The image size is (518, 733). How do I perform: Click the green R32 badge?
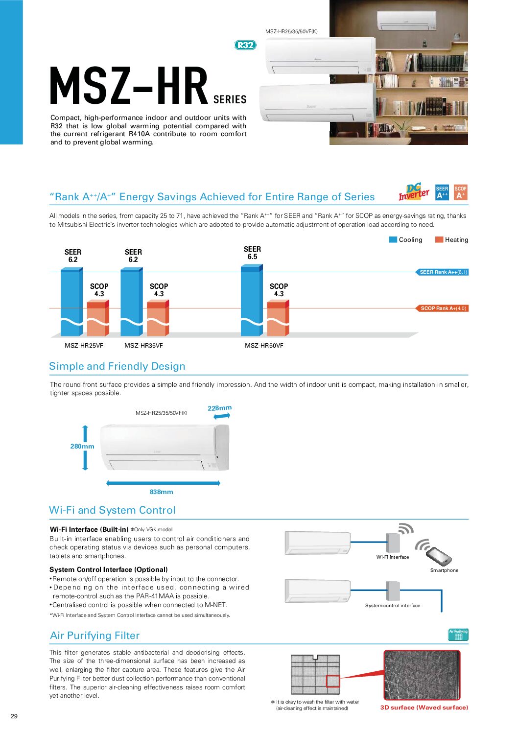tap(245, 45)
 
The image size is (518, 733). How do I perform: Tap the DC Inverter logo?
tap(414, 192)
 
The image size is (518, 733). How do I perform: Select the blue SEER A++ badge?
tap(442, 192)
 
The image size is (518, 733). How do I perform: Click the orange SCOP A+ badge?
tap(460, 192)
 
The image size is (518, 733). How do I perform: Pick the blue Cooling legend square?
tap(393, 239)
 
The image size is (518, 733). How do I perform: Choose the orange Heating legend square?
tap(439, 239)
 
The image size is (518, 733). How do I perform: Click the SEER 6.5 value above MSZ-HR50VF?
tap(252, 253)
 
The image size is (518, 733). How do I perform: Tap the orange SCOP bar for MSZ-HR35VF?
tap(158, 318)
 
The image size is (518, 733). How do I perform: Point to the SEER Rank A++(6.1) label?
tap(443, 272)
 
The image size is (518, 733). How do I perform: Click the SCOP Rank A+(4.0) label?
tap(443, 308)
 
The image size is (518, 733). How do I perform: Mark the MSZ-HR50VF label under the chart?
tap(264, 346)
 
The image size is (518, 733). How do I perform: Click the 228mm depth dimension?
tap(219, 408)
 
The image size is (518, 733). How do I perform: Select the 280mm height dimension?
tap(82, 447)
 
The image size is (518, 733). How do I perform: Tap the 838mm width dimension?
tap(161, 492)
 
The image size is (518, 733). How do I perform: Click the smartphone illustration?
tap(438, 556)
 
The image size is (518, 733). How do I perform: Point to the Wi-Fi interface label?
tap(392, 557)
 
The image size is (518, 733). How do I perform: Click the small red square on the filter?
tap(333, 681)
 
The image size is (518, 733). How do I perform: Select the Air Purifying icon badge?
tap(458, 635)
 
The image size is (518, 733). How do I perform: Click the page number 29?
tap(14, 716)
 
